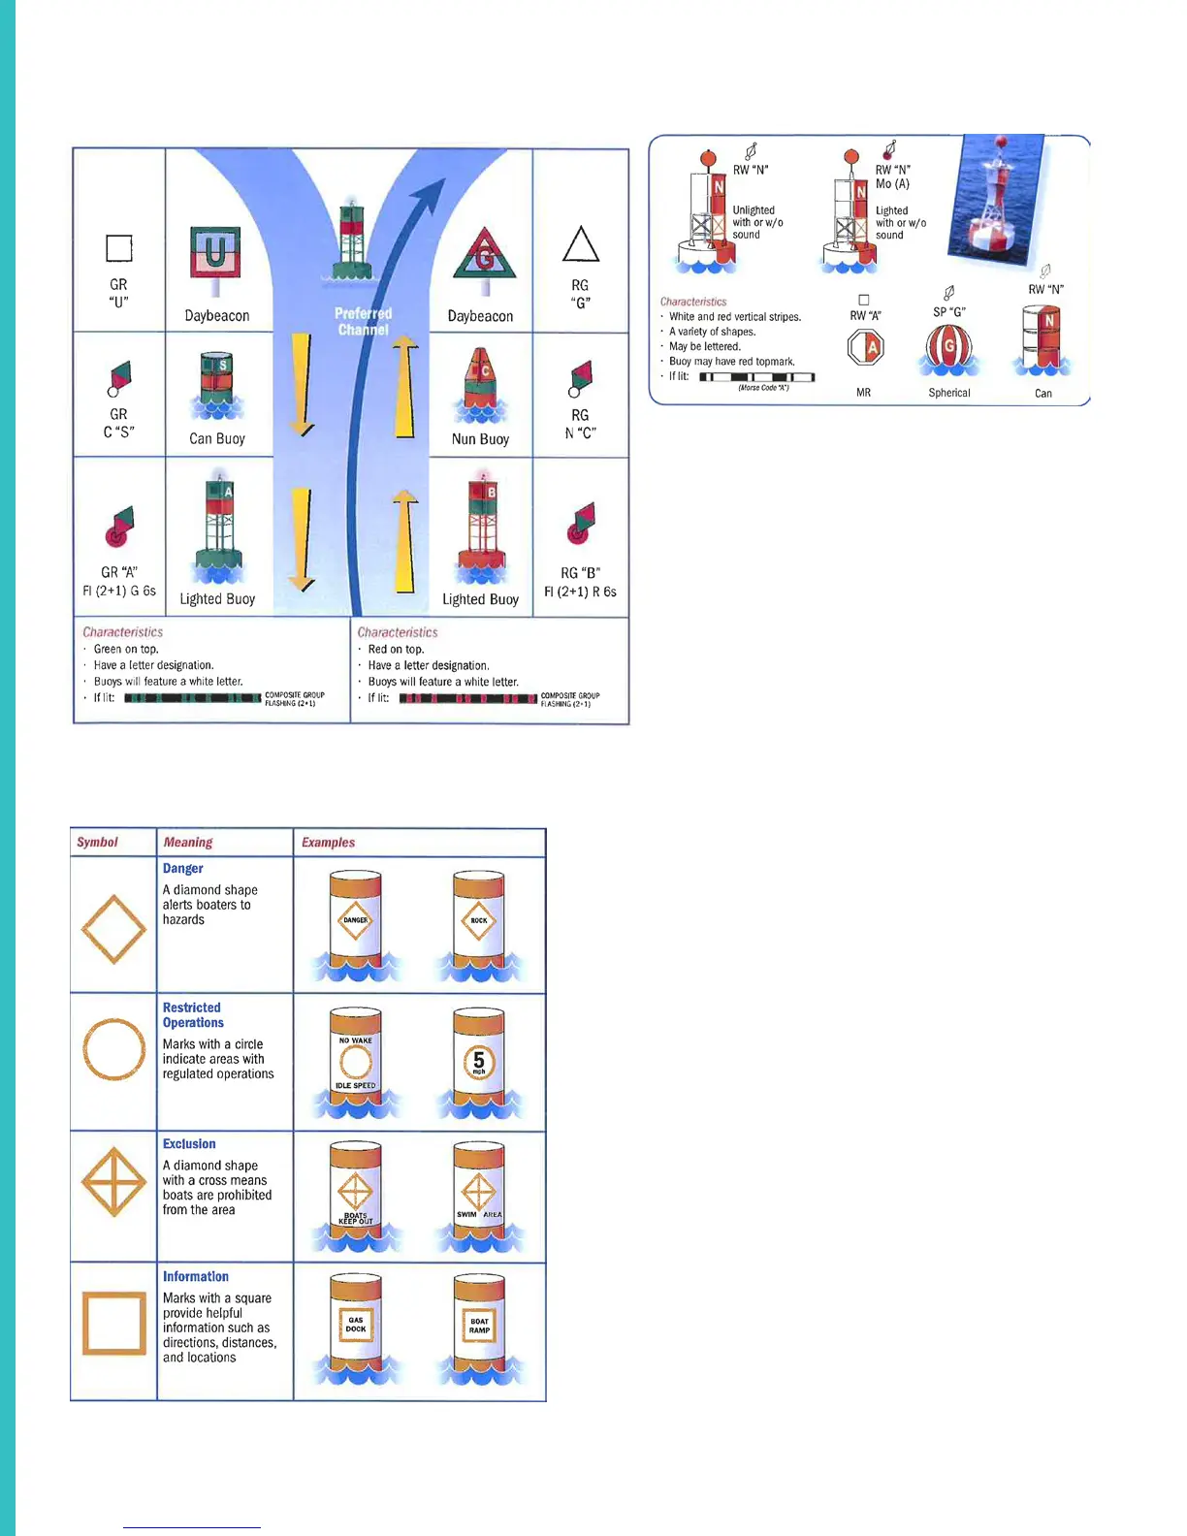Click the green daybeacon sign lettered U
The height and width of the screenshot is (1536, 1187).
(x=215, y=254)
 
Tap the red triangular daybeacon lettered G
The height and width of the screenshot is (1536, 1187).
(x=484, y=256)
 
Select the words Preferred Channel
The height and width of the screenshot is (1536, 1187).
(x=363, y=321)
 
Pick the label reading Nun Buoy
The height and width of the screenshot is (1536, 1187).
(x=480, y=439)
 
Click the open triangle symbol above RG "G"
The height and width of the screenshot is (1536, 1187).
(x=580, y=244)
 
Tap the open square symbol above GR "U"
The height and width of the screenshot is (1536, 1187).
(x=118, y=248)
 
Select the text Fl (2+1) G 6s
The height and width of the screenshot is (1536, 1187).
(x=119, y=591)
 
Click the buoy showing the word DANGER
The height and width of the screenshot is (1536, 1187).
(x=355, y=921)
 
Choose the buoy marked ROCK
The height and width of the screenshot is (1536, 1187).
(x=478, y=921)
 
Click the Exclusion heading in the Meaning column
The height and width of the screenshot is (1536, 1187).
(x=189, y=1144)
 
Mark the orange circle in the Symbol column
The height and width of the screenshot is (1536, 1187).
(x=113, y=1049)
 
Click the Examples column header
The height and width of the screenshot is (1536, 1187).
(x=328, y=843)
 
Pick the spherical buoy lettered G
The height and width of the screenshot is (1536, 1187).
(x=948, y=349)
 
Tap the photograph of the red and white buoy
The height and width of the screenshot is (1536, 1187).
(x=999, y=199)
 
